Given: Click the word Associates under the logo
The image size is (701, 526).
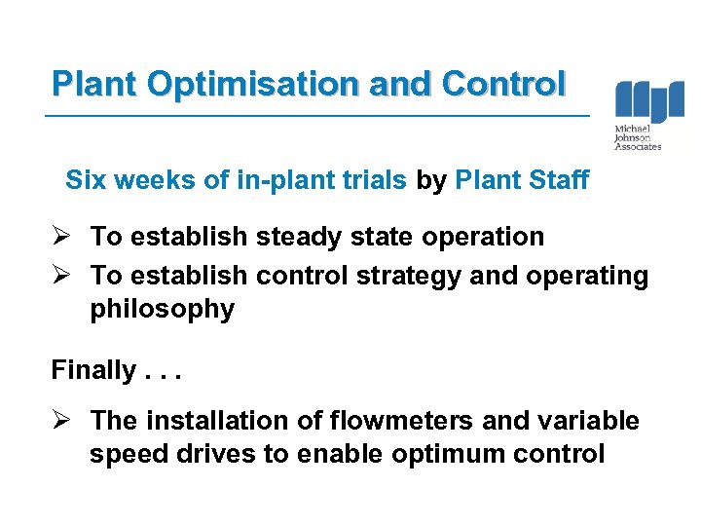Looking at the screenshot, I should pos(639,147).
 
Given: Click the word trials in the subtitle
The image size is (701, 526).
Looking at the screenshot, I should pos(375,180).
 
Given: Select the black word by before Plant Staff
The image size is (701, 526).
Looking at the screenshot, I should pos(432,180).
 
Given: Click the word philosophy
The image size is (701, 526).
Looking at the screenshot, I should pos(163,310).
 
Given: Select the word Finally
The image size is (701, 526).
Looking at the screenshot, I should pos(93,370).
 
